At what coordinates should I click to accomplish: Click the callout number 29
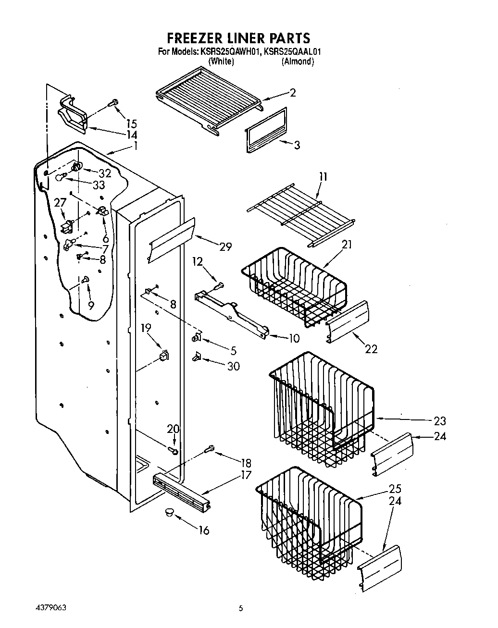coord(225,247)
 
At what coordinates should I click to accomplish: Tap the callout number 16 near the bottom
coord(204,531)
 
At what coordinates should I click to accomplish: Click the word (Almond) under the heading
coord(298,61)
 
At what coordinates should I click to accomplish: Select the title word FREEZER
coord(197,37)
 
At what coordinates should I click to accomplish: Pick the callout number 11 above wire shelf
coord(323,177)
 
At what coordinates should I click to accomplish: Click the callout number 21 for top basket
coord(347,245)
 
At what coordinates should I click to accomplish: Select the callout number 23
coord(439,421)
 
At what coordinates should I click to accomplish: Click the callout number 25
coord(395,489)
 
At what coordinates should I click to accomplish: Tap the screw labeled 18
coord(209,449)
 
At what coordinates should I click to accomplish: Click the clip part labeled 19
coord(164,356)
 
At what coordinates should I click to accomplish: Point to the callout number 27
coord(60,204)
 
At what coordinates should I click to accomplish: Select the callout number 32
coord(104,173)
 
